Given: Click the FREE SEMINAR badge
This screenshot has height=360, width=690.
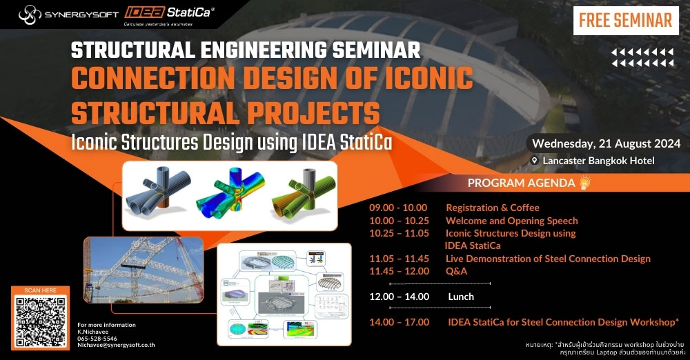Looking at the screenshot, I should [625, 20].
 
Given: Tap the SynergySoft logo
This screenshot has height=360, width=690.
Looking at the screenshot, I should [61, 13].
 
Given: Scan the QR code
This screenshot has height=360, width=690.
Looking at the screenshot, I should [40, 322].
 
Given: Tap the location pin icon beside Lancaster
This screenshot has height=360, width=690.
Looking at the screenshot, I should [535, 161].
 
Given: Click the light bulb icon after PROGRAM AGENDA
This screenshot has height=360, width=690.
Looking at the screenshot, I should [584, 183].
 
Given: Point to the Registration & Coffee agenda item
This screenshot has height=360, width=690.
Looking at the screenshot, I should [492, 208].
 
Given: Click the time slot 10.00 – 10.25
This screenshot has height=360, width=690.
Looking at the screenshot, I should [399, 221].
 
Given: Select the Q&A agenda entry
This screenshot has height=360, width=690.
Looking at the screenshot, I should [456, 271].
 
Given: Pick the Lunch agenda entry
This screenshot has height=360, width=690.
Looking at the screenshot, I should [461, 297].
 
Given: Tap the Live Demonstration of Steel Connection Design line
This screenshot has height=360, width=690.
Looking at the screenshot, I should [548, 259].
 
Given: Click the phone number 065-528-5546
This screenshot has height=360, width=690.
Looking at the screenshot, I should [97, 340].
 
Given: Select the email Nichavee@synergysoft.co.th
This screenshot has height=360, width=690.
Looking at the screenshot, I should [116, 348].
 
